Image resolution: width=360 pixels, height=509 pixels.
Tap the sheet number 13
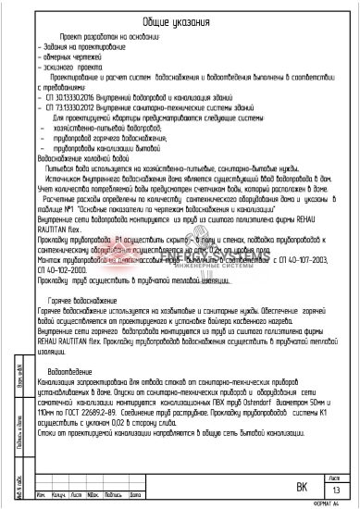point(336,490)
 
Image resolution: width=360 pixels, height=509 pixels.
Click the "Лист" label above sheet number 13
point(335,478)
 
